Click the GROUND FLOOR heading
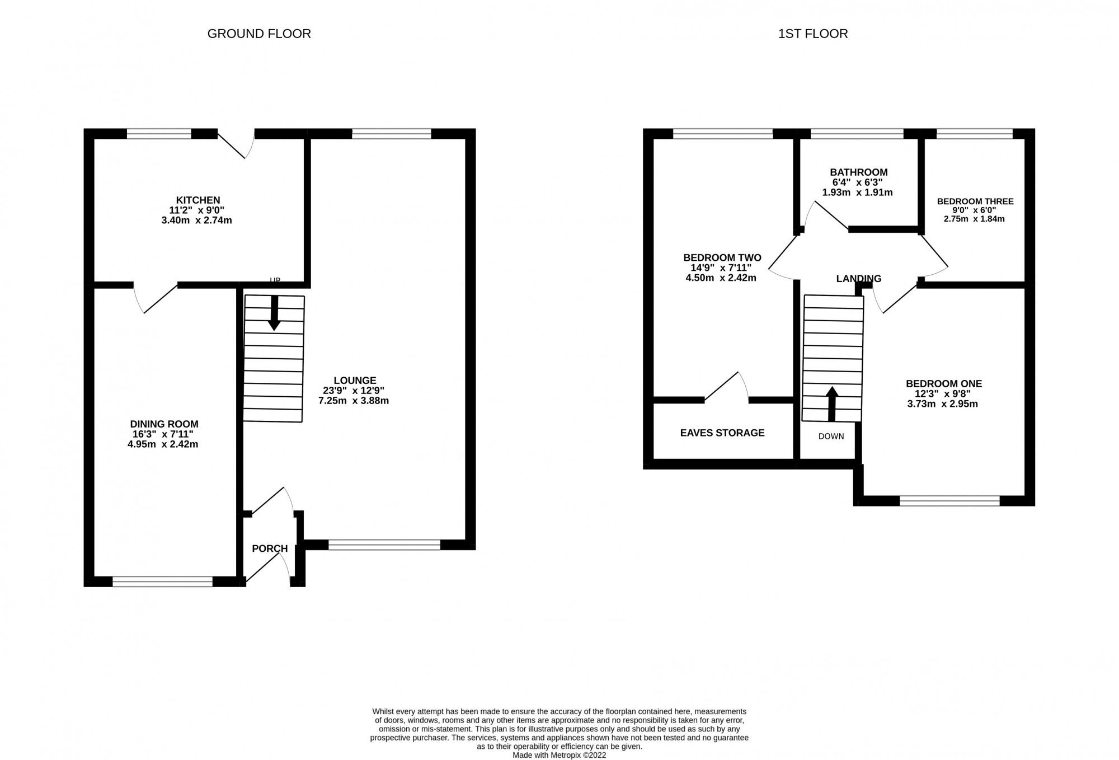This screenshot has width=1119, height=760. (x=259, y=34)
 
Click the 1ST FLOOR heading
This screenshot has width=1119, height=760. (x=812, y=34)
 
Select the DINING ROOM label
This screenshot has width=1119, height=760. (x=164, y=424)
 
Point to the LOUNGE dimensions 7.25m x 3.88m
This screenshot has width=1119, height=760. (x=354, y=401)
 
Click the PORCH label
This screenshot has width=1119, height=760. (x=270, y=548)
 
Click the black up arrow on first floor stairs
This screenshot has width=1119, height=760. (x=832, y=404)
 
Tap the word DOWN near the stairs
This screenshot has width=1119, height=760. (x=831, y=436)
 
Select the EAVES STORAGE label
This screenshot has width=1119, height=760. (x=722, y=433)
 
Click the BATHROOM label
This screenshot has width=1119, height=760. (x=858, y=172)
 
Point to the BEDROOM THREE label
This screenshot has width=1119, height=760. (x=975, y=201)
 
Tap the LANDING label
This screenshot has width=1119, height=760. (x=858, y=279)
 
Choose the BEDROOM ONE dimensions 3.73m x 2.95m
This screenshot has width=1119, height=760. (x=942, y=404)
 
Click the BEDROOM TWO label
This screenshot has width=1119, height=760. (x=722, y=258)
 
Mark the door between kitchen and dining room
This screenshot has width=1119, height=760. (x=156, y=297)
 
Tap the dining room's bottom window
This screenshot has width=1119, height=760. (x=162, y=582)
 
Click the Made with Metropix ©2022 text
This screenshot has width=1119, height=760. (x=559, y=755)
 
